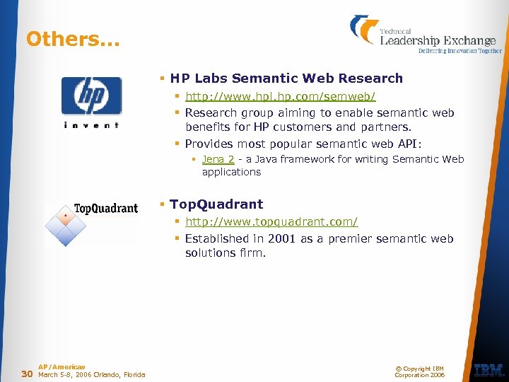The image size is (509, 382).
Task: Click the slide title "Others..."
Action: click(73, 39)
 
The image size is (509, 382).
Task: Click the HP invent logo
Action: click(91, 103)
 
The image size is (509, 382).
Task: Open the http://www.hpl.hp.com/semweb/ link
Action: click(280, 95)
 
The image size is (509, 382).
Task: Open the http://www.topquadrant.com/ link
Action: click(271, 222)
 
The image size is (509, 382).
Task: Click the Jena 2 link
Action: click(218, 160)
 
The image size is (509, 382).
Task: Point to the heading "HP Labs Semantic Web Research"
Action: click(286, 79)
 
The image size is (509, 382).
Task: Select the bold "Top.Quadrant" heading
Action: click(216, 204)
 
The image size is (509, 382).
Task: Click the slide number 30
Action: click(27, 374)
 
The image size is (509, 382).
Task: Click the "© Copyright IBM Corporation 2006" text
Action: click(420, 371)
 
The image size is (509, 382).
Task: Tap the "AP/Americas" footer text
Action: click(62, 367)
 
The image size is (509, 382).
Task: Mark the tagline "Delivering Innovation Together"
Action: click(460, 51)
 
